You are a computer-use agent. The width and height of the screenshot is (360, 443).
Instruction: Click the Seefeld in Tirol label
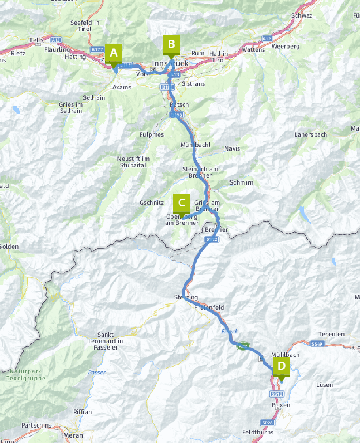[85, 26]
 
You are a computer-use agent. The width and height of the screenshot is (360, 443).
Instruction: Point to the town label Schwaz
[301, 16]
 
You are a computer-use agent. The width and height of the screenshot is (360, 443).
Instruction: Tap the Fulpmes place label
[152, 135]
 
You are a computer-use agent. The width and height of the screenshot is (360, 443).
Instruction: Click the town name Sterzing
[186, 297]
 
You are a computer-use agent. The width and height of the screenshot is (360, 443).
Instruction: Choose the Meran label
[73, 436]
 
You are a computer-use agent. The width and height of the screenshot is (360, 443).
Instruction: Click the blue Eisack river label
[229, 331]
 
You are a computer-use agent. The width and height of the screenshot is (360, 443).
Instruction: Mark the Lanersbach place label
[311, 134]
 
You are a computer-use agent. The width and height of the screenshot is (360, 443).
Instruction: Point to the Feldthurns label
[258, 432]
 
